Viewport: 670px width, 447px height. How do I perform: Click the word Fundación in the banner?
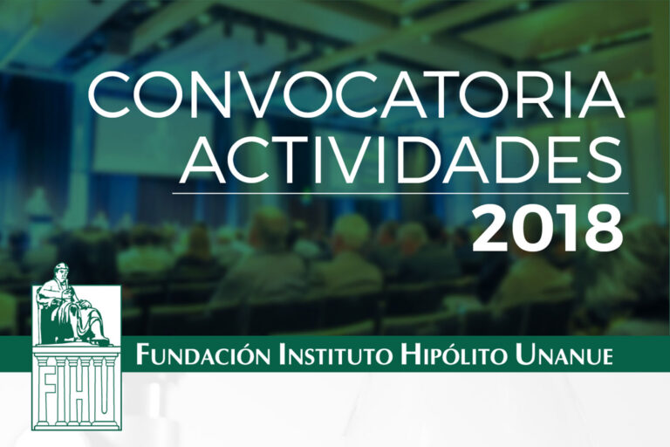[x=202, y=357]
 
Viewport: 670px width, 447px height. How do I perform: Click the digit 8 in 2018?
[x=603, y=228]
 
